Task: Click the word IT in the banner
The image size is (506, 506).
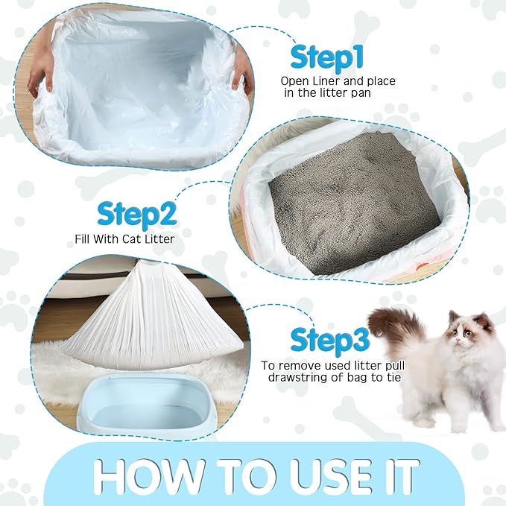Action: pyautogui.click(x=401, y=473)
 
